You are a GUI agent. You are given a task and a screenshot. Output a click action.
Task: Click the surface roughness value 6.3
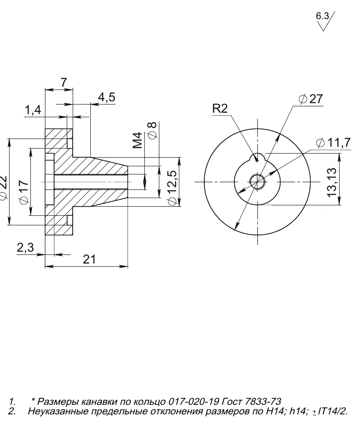pos(322,16)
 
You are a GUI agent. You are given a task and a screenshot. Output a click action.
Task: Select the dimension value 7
pos(64,82)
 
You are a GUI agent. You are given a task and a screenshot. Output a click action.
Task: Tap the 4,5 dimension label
pos(107,97)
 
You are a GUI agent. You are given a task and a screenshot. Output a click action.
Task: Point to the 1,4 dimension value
pos(33,110)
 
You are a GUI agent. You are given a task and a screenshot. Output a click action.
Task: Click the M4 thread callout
pos(138,140)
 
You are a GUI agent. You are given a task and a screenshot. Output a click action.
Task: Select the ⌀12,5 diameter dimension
pos(173,188)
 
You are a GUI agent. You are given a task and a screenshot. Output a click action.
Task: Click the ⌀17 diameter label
pos(24,192)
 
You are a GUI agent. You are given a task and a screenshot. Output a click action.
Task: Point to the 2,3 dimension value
pos(25,248)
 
